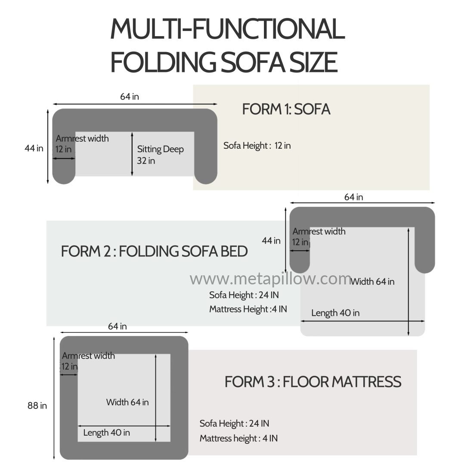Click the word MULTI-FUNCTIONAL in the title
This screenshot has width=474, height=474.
tap(228, 29)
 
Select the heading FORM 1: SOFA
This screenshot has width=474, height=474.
tap(286, 109)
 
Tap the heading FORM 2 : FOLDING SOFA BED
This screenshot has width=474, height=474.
tap(154, 251)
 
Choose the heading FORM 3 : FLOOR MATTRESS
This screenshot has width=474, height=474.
tap(313, 382)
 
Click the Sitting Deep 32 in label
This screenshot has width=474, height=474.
tap(160, 155)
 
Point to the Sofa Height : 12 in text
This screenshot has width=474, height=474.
tap(257, 146)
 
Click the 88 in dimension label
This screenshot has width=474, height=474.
tap(37, 405)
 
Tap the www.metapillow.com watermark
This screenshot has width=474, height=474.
tap(270, 279)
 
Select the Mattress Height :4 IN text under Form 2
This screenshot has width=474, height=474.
tap(248, 309)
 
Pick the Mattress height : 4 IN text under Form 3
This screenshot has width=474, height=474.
tap(239, 438)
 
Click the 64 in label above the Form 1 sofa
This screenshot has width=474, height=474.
tap(130, 97)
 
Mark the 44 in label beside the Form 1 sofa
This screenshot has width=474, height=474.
tap(34, 148)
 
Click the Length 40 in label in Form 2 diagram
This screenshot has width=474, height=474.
tap(335, 313)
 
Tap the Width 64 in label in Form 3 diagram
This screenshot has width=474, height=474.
tap(127, 402)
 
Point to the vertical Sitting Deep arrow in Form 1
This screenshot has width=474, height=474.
tap(132, 154)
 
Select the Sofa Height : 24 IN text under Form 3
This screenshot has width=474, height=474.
tap(234, 424)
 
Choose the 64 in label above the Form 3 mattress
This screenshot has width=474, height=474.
tap(117, 326)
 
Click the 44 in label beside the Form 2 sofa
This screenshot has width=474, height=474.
tap(271, 241)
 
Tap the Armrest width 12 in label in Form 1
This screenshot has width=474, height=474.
tap(82, 143)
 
